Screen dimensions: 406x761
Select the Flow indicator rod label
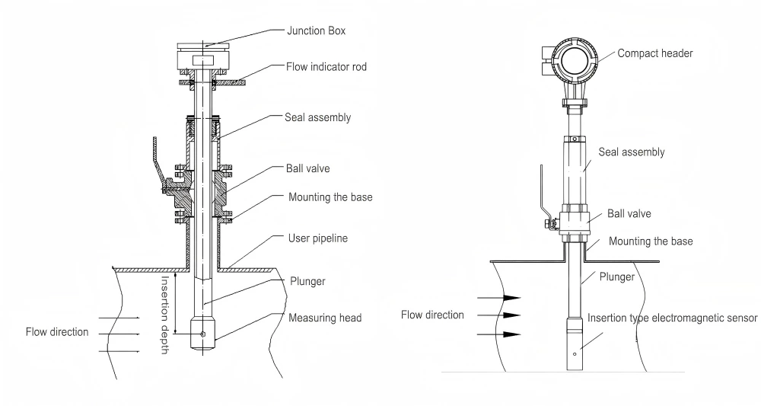point(326,67)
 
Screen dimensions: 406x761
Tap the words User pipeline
point(318,238)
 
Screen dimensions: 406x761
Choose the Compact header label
point(654,53)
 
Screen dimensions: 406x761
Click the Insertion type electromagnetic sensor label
point(672,318)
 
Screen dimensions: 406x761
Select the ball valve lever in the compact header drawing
point(543,194)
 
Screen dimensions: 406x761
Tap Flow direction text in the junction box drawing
point(57,332)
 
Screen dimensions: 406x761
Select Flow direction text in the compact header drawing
point(432,315)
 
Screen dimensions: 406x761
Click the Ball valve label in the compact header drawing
point(628,214)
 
